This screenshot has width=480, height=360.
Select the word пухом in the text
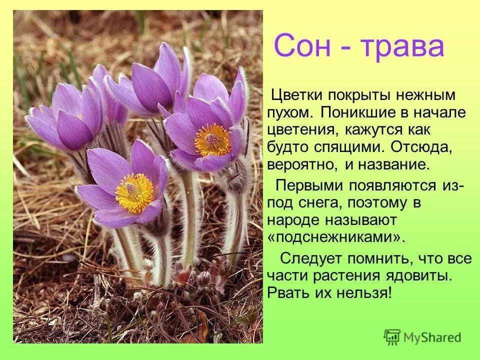pos(289,112)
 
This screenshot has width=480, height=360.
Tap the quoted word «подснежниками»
pos(335,236)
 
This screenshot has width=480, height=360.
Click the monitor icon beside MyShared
pos(392,337)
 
